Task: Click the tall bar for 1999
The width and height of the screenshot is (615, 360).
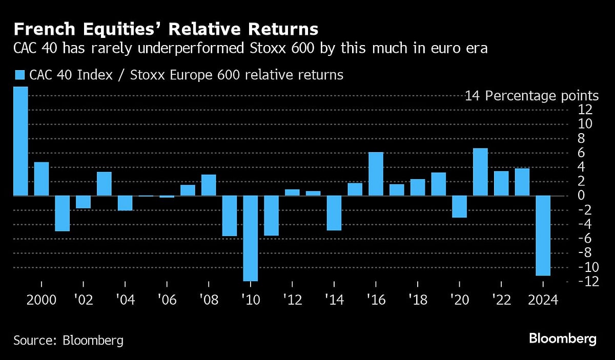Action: tap(20, 141)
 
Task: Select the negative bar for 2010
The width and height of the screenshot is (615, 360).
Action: tap(250, 238)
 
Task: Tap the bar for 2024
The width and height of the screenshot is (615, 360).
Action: tap(543, 236)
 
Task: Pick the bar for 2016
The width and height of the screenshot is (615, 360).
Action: tap(376, 174)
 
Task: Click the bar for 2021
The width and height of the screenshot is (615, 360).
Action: tap(480, 172)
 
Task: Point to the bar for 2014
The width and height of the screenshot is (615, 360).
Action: tap(334, 213)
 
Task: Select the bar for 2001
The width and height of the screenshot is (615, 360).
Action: tap(63, 213)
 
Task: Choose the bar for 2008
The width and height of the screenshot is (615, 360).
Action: tap(209, 185)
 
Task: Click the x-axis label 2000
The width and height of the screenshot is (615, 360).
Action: tap(42, 300)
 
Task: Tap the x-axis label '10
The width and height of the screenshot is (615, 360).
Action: tap(250, 300)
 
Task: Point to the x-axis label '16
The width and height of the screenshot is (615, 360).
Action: tap(376, 300)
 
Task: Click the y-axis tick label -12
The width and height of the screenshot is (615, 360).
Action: tap(581, 282)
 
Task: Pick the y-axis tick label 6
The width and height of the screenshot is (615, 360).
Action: tap(581, 153)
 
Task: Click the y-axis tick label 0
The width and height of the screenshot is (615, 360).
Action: tap(581, 196)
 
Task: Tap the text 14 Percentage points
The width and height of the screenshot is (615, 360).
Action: tap(531, 96)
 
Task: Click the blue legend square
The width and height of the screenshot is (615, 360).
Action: tap(20, 75)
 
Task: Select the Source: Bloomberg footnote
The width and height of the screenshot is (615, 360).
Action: tap(68, 340)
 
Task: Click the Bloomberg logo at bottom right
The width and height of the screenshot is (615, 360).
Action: tap(562, 338)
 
